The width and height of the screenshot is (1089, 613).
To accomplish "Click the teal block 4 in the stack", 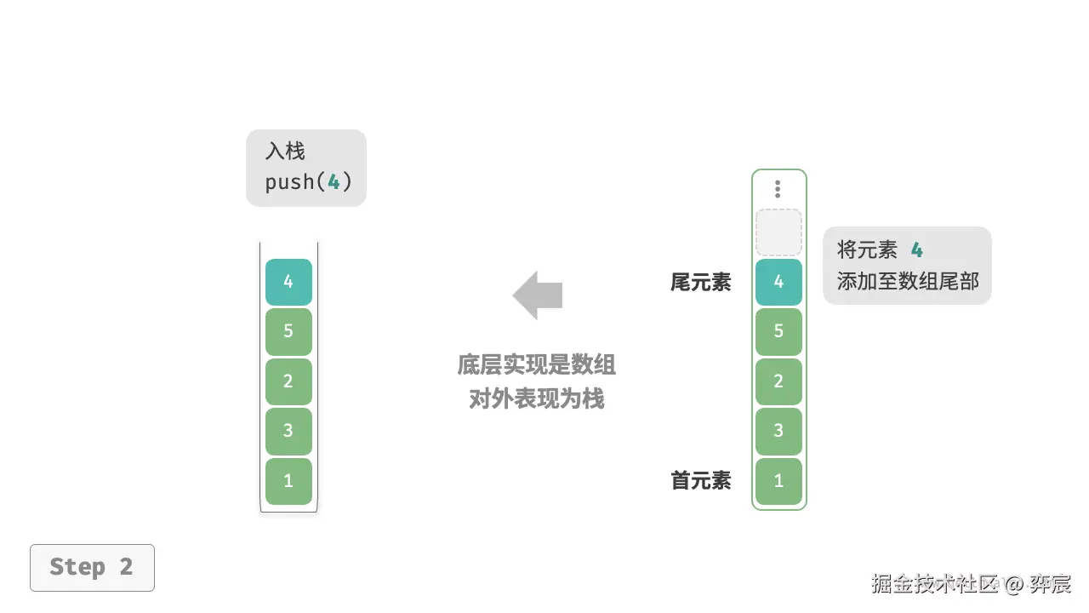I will tap(288, 282).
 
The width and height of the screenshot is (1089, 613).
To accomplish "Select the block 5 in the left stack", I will tap(288, 331).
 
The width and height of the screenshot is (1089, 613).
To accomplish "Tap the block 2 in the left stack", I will tap(288, 381).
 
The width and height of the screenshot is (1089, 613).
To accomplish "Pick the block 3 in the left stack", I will tap(288, 431).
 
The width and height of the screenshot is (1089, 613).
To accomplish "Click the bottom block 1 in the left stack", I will tap(288, 481).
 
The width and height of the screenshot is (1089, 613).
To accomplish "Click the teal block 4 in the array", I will tap(778, 282).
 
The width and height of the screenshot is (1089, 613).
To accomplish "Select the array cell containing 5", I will tap(778, 331).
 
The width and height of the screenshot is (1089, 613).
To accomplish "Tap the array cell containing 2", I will tap(778, 381).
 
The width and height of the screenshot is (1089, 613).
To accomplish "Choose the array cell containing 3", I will tap(778, 431).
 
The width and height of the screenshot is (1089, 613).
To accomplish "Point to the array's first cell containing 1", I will tap(778, 481).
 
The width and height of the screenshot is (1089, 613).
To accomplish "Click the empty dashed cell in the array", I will tap(778, 232).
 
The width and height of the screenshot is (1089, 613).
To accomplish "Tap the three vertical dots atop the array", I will tap(778, 189).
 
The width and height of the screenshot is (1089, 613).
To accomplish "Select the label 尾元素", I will tap(700, 283).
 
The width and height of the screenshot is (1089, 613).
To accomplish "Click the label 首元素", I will tap(700, 481).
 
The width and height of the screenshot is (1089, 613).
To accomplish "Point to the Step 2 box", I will tap(92, 567).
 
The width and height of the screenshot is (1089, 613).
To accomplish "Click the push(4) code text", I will tap(308, 182).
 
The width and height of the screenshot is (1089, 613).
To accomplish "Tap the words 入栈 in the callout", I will tap(285, 152).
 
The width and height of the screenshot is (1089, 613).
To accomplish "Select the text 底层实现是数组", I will tap(537, 365).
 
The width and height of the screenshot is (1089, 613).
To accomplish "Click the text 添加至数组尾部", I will tap(908, 282).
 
